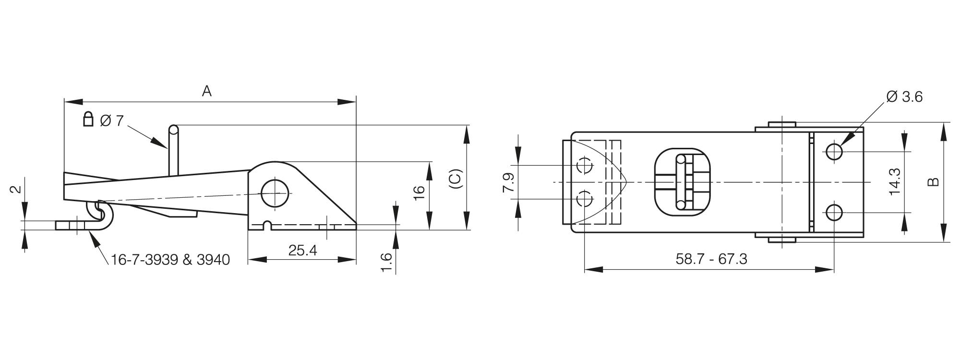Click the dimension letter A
(x=206, y=91)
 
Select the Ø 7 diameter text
(x=112, y=120)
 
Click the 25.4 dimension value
(x=302, y=250)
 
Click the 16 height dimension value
(x=419, y=190)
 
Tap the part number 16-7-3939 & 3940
(x=170, y=260)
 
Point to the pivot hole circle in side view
(x=276, y=193)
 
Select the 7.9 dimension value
(x=509, y=182)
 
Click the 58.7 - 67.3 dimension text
(x=711, y=259)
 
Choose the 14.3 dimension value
(x=894, y=181)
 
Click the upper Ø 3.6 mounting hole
(x=834, y=152)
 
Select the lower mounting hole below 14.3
(x=834, y=212)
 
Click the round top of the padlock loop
(x=174, y=130)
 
